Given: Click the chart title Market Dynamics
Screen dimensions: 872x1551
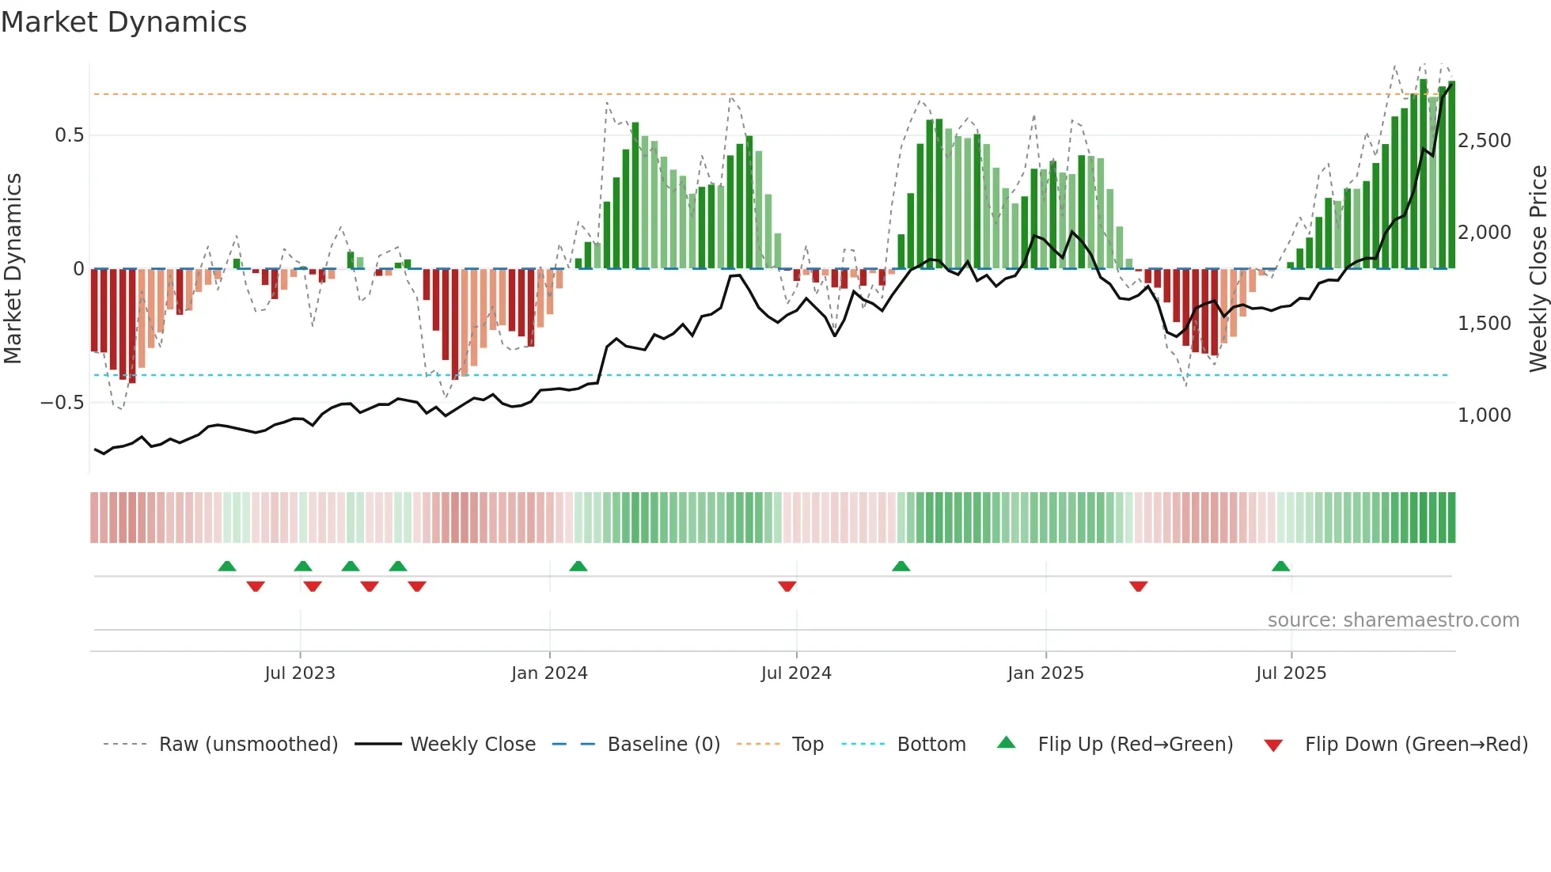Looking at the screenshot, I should click(123, 22).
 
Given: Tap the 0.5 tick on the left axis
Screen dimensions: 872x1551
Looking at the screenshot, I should click(69, 135).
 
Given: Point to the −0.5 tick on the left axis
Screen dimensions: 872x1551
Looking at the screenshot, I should click(63, 403).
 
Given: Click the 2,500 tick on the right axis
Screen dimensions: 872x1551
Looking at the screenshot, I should click(1484, 141).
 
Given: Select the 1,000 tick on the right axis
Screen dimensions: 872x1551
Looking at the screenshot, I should click(1484, 415).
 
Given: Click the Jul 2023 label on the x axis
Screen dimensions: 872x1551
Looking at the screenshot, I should click(300, 673).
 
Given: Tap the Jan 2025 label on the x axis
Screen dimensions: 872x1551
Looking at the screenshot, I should click(1045, 673).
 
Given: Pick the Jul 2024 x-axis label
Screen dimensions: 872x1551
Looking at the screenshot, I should click(796, 673).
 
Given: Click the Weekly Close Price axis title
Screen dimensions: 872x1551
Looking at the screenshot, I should click(1538, 268).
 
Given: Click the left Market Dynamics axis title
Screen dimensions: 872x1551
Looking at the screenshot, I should click(13, 268).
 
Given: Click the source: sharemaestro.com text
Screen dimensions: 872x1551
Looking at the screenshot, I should click(1393, 620).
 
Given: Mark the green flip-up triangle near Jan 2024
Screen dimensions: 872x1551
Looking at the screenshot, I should click(578, 567).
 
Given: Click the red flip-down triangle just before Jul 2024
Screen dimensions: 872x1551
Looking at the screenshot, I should click(787, 586).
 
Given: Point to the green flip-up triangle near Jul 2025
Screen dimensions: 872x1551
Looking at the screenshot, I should click(1280, 567).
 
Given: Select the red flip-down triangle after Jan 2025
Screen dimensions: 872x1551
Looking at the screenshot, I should click(1138, 586).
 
